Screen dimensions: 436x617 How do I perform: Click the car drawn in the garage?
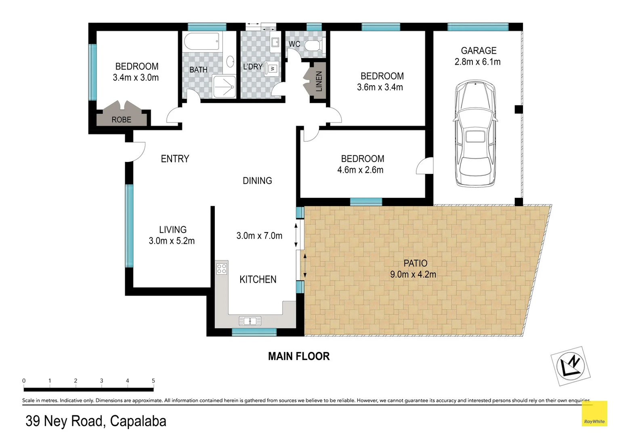tap(475, 134)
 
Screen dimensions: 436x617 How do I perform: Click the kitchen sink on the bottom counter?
tap(250, 321)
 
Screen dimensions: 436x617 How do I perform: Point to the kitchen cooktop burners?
tap(222, 268)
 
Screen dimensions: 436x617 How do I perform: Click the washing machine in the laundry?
tap(273, 69)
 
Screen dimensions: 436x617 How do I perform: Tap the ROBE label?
tap(122, 120)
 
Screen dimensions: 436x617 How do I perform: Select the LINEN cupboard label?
tap(319, 81)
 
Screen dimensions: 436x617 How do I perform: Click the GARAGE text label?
tap(478, 51)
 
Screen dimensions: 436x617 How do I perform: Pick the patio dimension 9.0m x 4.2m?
tap(413, 275)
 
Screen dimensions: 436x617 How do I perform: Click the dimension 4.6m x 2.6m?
tap(360, 170)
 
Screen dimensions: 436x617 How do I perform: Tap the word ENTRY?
tap(175, 159)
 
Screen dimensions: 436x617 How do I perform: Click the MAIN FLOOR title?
tap(299, 356)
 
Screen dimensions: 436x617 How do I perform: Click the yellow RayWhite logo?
tap(594, 413)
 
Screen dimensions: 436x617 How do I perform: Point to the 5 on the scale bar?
tap(153, 381)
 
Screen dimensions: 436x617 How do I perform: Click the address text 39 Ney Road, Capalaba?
tap(96, 421)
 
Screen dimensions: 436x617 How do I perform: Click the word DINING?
tap(257, 181)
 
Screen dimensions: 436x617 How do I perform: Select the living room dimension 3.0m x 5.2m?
tap(172, 241)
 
